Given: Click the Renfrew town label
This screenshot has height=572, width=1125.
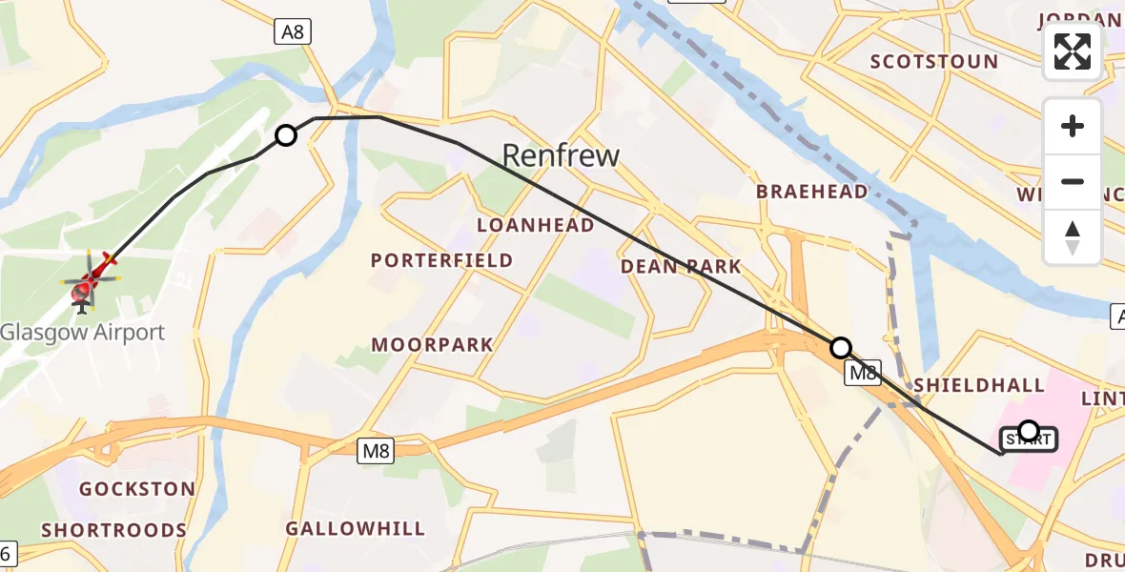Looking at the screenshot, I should click(x=561, y=155).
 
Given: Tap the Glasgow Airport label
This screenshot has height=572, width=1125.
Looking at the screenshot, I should click(x=83, y=333).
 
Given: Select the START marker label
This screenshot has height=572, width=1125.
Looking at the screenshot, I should click(x=1028, y=439).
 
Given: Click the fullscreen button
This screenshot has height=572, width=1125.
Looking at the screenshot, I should click(x=1073, y=52).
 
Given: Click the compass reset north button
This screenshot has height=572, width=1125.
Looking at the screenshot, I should click(x=1073, y=237).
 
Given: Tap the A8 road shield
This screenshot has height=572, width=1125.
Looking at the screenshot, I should click(x=292, y=32).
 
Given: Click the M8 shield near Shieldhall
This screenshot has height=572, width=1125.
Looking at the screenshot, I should click(x=864, y=373).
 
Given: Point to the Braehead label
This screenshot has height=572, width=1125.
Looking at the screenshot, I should click(x=812, y=192).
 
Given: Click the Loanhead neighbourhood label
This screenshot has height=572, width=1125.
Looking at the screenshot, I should click(x=536, y=225).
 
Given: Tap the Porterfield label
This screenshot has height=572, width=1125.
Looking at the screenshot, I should click(x=441, y=260).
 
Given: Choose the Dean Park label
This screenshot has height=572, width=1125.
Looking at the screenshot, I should click(x=681, y=267).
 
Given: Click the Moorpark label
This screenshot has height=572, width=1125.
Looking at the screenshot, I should click(x=433, y=345).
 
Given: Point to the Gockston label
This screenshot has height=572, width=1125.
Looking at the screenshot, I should click(x=137, y=489).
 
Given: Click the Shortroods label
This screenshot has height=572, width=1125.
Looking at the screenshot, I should click(x=113, y=530).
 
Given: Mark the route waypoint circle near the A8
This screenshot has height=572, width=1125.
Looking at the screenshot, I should click(x=286, y=135).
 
